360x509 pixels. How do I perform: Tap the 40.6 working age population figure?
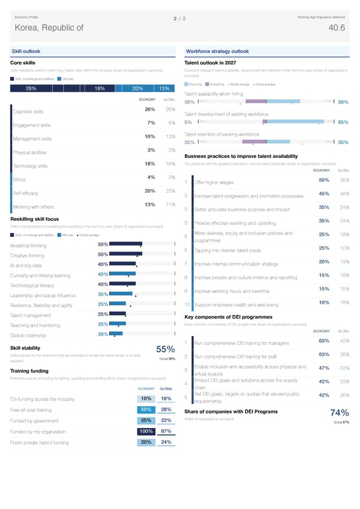tap(337, 28)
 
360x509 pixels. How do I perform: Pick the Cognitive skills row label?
tap(28, 112)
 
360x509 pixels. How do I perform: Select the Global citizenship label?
tap(29, 335)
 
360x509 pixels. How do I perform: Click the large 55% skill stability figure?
tap(165, 350)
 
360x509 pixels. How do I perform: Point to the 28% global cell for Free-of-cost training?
tap(167, 409)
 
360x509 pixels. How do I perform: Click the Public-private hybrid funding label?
tap(40, 443)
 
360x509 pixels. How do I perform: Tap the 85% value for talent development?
tap(343, 122)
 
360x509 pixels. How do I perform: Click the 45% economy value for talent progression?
tap(323, 193)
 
